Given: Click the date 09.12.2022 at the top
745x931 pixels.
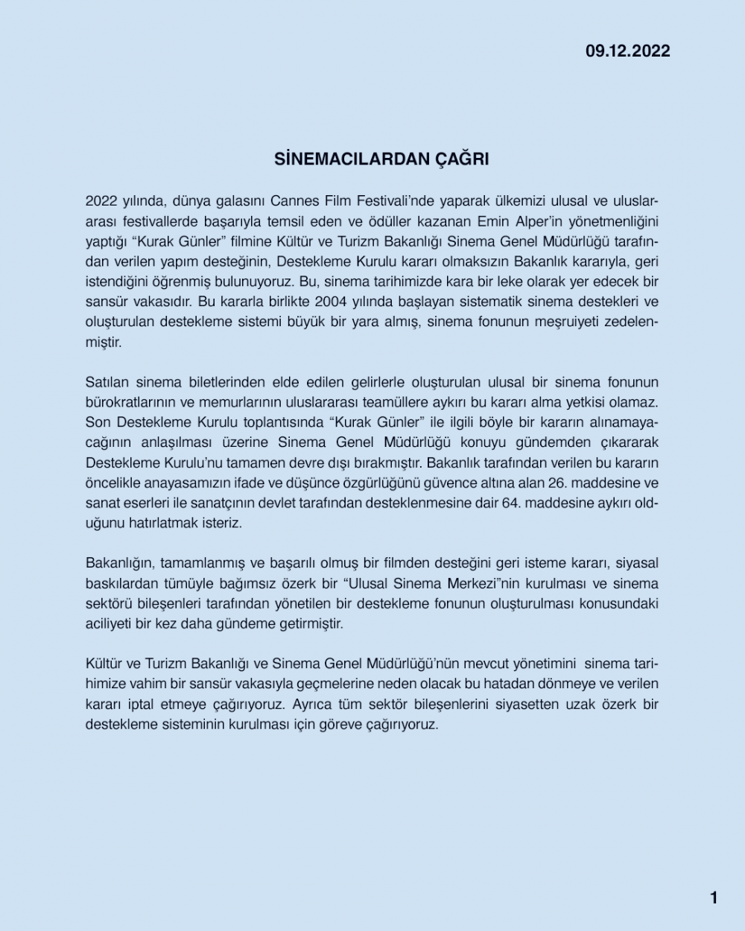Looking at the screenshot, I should tap(627, 51).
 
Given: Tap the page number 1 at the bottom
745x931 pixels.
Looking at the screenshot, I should tap(714, 897).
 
